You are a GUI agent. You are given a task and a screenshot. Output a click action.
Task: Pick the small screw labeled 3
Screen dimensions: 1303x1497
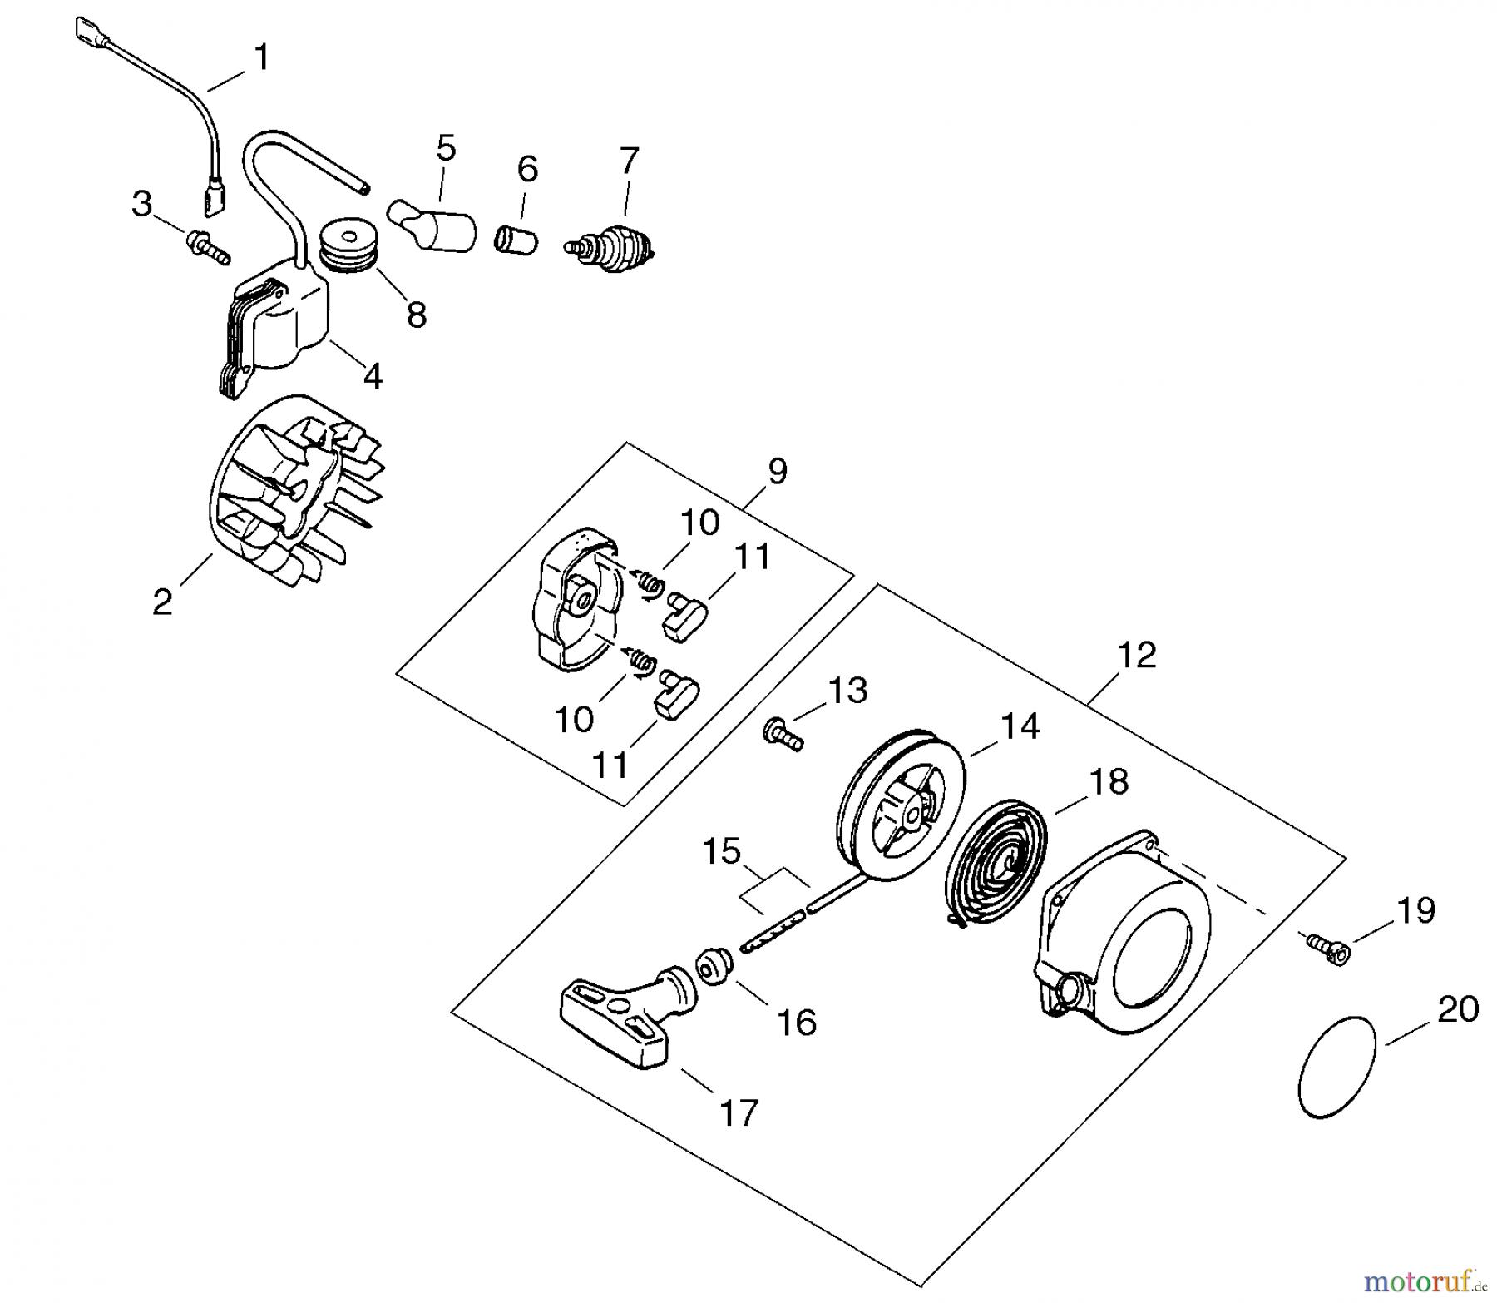pyautogui.click(x=208, y=246)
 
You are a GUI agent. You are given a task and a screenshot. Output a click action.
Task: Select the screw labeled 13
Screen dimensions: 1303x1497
pyautogui.click(x=782, y=736)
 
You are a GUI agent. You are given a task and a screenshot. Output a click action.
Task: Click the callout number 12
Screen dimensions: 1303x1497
pyautogui.click(x=1137, y=655)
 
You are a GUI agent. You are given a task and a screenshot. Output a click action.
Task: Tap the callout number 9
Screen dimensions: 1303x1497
pyautogui.click(x=777, y=472)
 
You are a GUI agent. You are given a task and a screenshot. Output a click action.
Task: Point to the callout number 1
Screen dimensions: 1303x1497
pyautogui.click(x=261, y=58)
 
